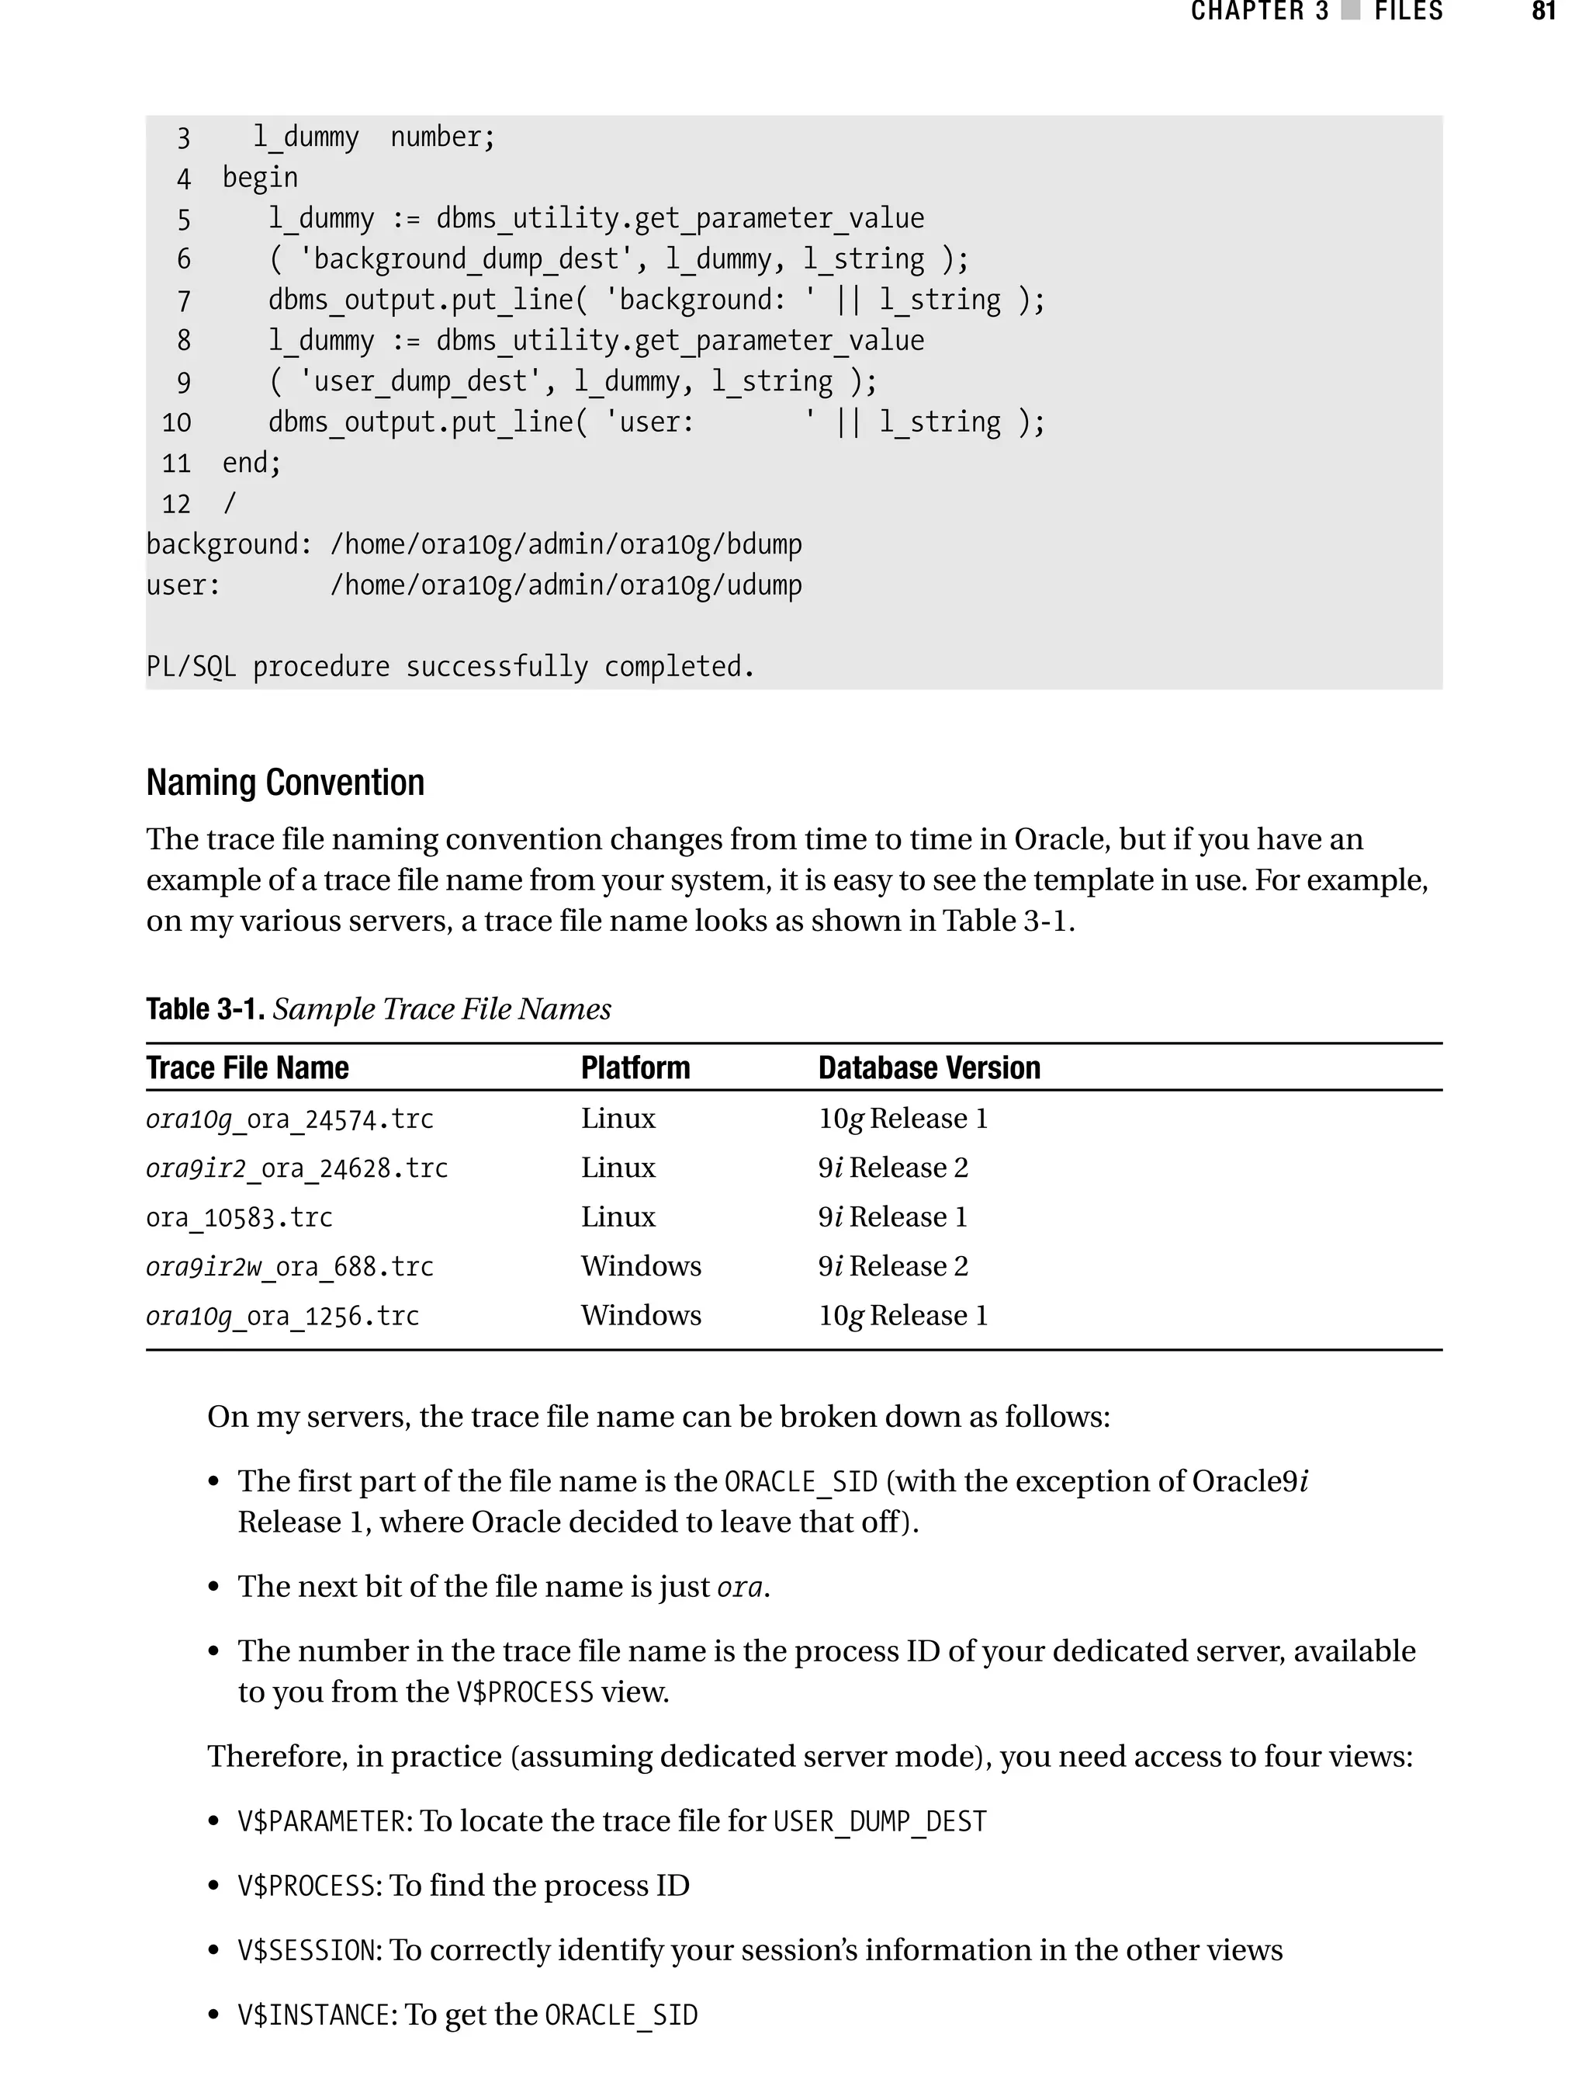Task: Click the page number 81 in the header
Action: [x=1542, y=12]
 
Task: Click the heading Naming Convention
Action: [x=285, y=783]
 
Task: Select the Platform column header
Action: [x=635, y=1067]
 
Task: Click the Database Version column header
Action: [x=928, y=1067]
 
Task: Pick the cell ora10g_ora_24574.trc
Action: [x=289, y=1119]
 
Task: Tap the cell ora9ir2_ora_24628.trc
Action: [x=296, y=1168]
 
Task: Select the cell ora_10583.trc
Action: [x=239, y=1217]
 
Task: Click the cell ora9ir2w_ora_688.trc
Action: [x=289, y=1266]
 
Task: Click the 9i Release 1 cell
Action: [x=892, y=1217]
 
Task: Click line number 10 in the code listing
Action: [x=176, y=422]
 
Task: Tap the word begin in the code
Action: [x=260, y=178]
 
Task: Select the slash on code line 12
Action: [x=229, y=503]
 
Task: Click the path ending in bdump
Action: [x=566, y=544]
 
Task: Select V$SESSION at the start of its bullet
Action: [x=307, y=1950]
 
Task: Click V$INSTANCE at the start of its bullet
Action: [x=315, y=2015]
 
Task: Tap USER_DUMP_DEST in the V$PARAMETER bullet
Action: [x=880, y=1821]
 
